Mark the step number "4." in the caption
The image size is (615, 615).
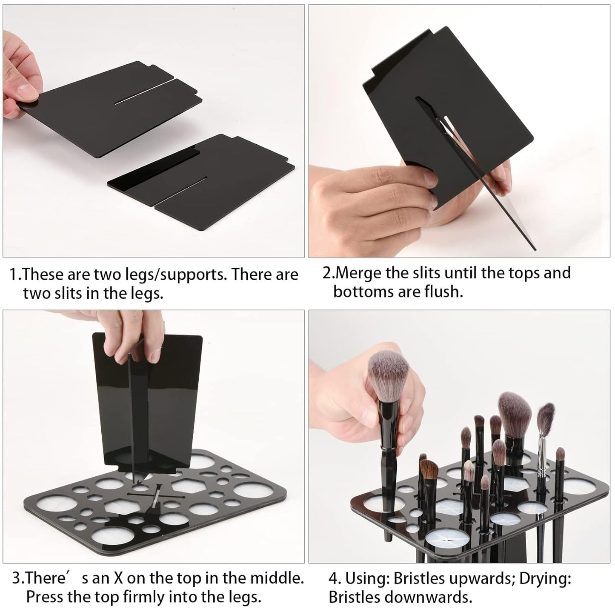pos(335,578)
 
